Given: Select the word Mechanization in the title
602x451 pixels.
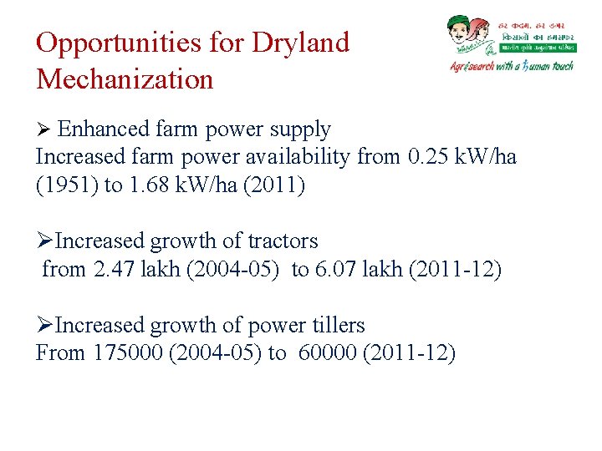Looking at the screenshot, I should point(125,80).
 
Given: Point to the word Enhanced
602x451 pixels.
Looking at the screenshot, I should point(104,129).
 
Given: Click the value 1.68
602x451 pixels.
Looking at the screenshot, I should point(150,185).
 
